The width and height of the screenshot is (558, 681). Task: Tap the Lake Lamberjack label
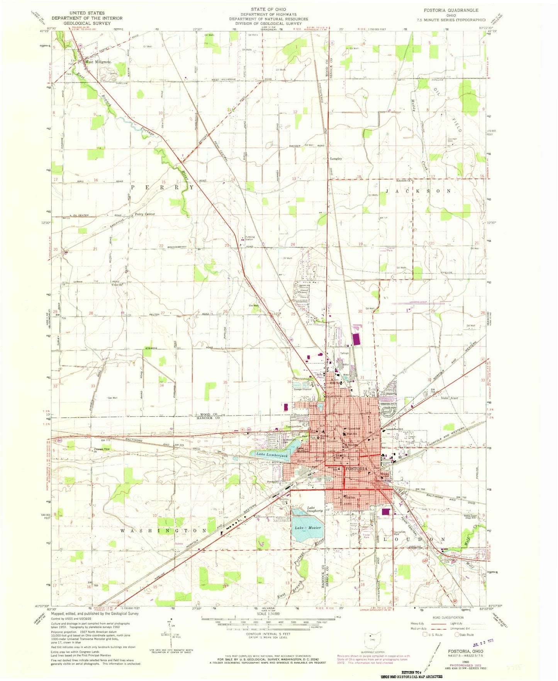click(x=272, y=455)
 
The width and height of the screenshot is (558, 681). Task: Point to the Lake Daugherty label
click(x=314, y=509)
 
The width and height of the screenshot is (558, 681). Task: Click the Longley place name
click(x=336, y=159)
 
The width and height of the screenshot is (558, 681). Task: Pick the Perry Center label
click(x=145, y=214)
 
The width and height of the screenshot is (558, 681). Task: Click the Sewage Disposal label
click(x=302, y=389)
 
